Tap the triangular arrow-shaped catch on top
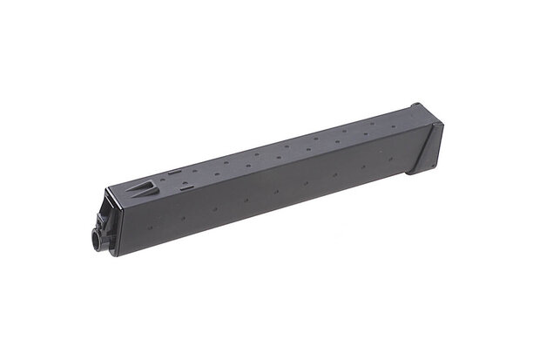click(x=145, y=187)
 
